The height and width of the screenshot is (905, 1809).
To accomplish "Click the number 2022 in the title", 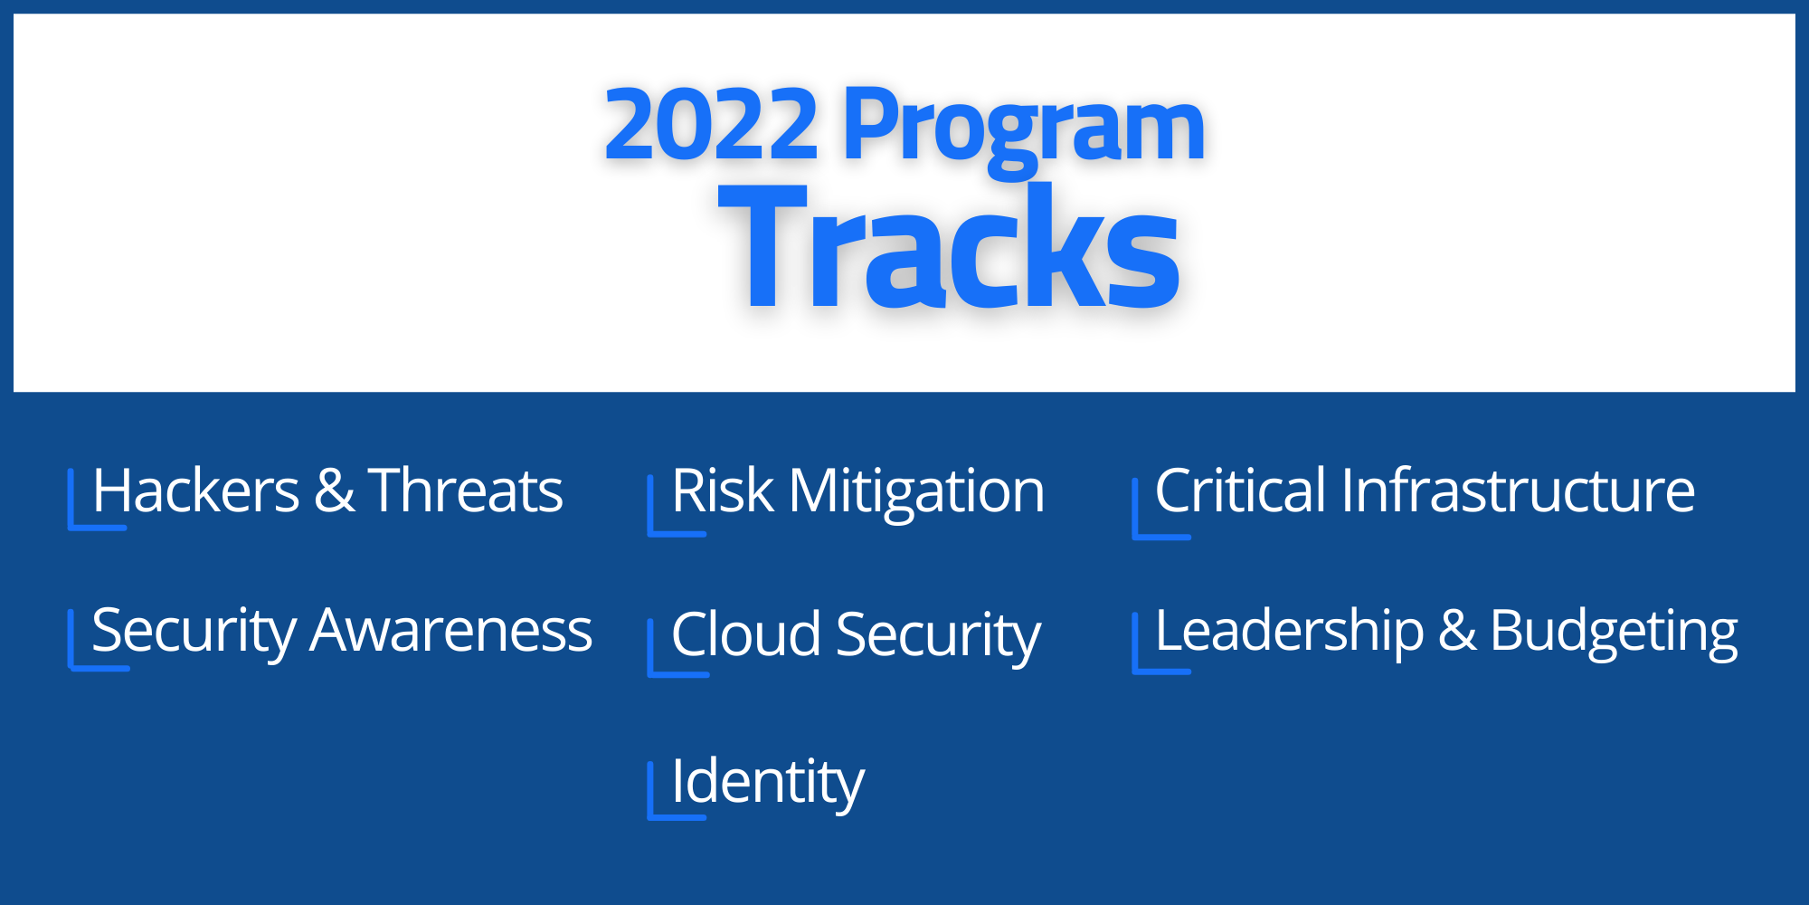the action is click(x=711, y=124).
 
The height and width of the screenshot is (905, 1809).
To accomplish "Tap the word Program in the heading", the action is click(x=1024, y=131).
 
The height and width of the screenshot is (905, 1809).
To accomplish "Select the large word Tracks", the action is click(x=949, y=246).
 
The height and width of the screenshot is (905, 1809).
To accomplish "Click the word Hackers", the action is click(x=196, y=491).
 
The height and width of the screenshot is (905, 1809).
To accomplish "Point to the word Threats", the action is click(x=466, y=491).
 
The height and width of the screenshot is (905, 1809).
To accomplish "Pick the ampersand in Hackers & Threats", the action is click(x=334, y=491).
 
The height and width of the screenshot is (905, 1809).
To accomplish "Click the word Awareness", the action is click(x=451, y=632).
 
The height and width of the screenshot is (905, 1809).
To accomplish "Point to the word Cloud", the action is click(x=746, y=634).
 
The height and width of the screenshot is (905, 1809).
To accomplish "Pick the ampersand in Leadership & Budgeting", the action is click(x=1457, y=632).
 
